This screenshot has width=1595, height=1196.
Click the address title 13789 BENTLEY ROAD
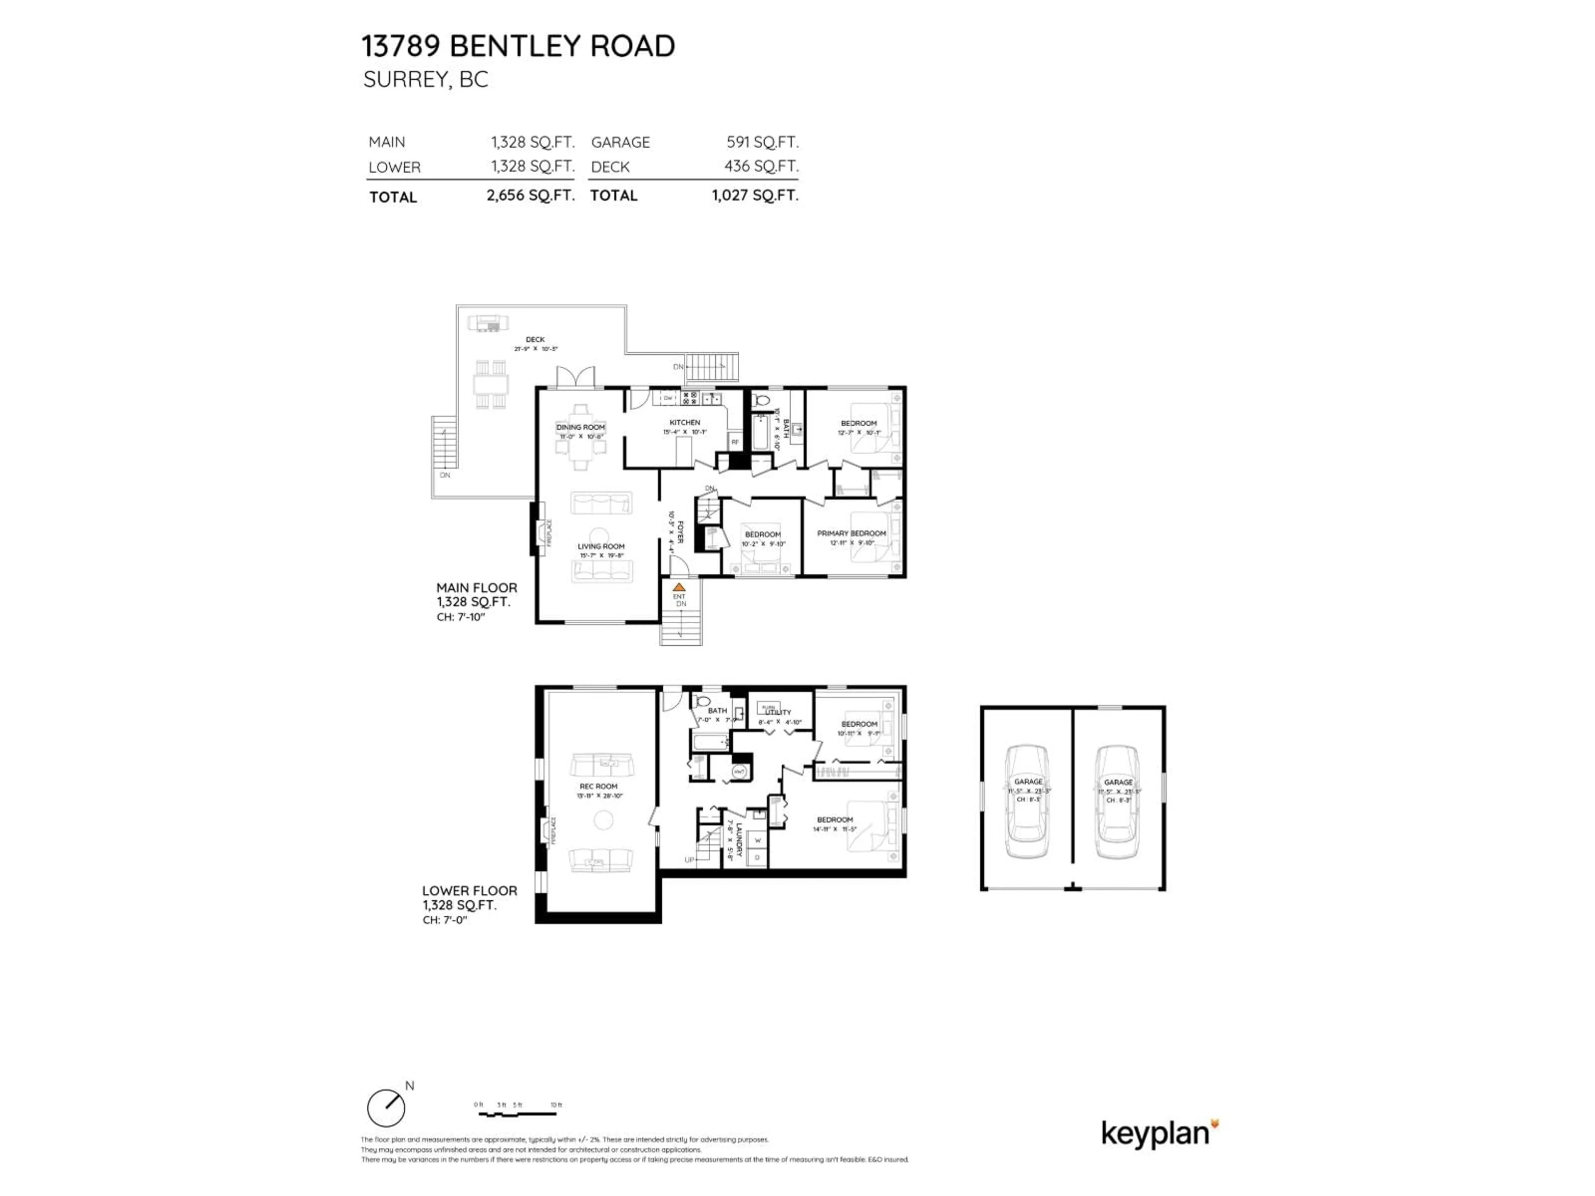point(518,46)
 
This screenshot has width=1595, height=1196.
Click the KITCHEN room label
point(684,422)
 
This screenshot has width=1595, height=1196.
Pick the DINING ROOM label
point(580,427)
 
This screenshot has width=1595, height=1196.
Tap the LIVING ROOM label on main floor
point(601,547)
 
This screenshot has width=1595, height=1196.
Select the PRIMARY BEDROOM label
point(851,534)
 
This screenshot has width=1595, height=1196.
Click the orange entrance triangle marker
point(679,588)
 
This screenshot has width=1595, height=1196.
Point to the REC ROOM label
point(599,787)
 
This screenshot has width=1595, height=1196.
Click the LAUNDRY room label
point(739,839)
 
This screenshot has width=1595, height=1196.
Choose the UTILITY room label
point(779,712)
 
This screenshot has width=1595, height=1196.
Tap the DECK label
point(535,340)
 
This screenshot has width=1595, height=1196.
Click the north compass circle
point(386,1108)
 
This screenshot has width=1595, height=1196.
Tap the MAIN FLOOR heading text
point(476,588)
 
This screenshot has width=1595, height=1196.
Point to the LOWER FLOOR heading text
point(469,891)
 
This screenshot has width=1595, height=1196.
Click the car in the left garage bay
point(1028,801)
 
